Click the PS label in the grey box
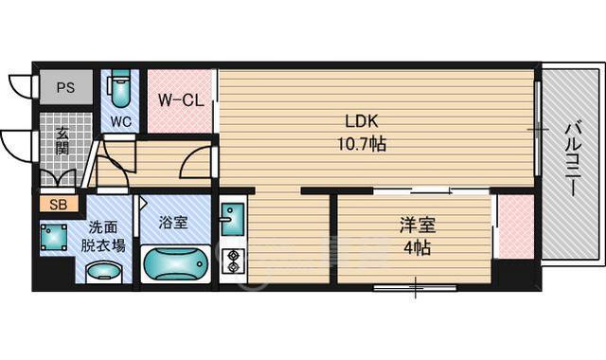pyautogui.click(x=65, y=87)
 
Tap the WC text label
pyautogui.click(x=120, y=121)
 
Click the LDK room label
pyautogui.click(x=364, y=122)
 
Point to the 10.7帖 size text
pyautogui.click(x=364, y=144)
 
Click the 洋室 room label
pyautogui.click(x=416, y=225)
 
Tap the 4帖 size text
pyautogui.click(x=416, y=247)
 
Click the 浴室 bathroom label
pyautogui.click(x=173, y=225)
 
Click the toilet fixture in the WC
pyautogui.click(x=119, y=90)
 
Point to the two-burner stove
pyautogui.click(x=232, y=258)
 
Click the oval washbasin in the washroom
pyautogui.click(x=103, y=272)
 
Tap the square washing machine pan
pyautogui.click(x=53, y=237)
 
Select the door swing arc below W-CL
pyautogui.click(x=197, y=163)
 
